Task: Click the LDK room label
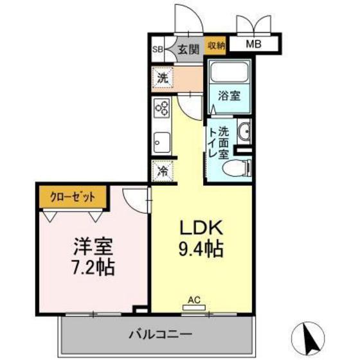point(200,228)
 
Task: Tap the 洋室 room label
point(91,246)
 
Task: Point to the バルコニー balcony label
point(160,334)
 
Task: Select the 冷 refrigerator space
point(163,172)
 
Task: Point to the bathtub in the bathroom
point(229,73)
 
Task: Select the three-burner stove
point(161,109)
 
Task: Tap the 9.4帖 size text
point(200,249)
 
